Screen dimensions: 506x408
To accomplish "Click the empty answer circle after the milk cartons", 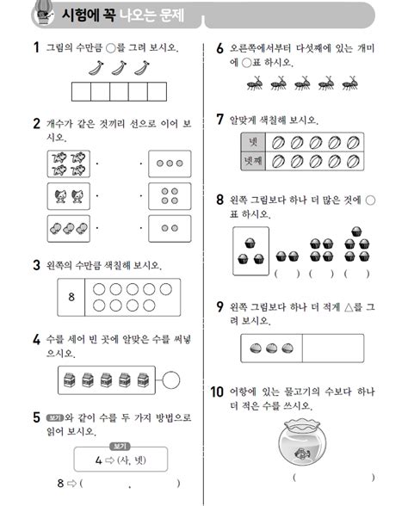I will click(x=171, y=376).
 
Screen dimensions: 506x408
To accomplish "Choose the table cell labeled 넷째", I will click(x=251, y=160).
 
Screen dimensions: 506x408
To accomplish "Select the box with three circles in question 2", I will click(x=170, y=163).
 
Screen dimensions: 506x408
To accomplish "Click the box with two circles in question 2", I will click(x=170, y=229).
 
